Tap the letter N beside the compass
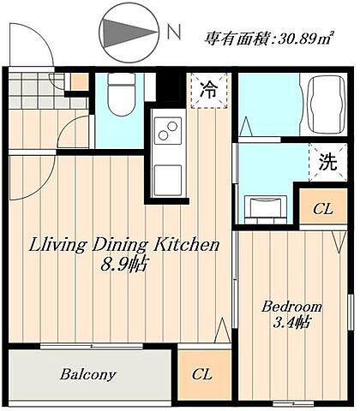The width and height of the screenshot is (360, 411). pos(174,33)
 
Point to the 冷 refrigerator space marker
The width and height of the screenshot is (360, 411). pos(208,88)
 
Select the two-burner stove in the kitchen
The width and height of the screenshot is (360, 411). pos(165,133)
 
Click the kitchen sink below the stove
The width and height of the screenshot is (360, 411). pos(165,176)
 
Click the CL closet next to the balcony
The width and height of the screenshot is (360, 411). pos(201,373)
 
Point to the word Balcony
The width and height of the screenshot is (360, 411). pos(88,374)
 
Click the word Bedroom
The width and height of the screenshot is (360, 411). pos(291,306)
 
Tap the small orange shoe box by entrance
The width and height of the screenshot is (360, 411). pos(78,81)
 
